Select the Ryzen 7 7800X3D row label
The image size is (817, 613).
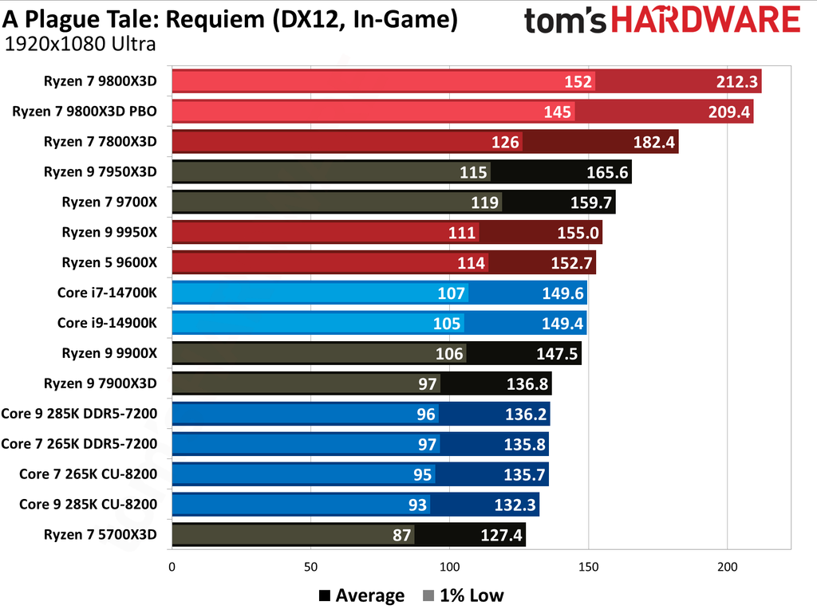point(100,142)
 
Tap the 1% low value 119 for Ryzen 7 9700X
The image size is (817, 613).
point(484,202)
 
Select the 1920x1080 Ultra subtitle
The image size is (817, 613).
point(80,44)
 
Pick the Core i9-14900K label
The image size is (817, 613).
point(107,323)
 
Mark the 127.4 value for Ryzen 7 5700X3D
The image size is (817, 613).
point(501,535)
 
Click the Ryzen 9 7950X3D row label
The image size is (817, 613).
point(100,172)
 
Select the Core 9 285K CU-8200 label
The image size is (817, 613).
point(88,505)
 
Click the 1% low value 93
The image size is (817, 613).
point(417,505)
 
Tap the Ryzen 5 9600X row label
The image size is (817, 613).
point(109,262)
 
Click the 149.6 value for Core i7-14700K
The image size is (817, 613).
point(562,293)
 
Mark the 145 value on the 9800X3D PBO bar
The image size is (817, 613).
point(558,112)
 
